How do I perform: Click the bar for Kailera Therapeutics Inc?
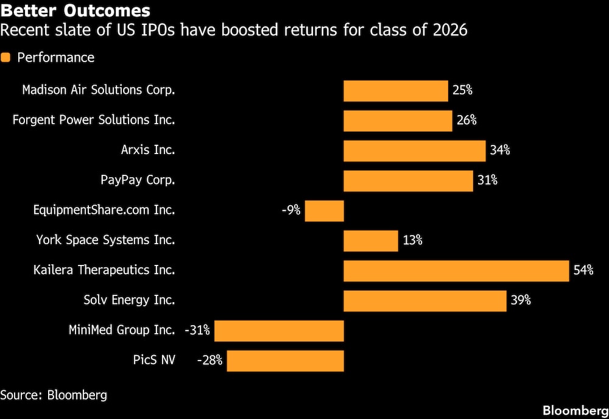tap(457, 270)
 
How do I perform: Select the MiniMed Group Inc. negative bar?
tap(279, 331)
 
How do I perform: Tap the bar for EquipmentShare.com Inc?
tap(324, 211)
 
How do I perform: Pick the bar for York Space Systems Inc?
tap(371, 241)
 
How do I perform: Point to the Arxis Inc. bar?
tap(415, 150)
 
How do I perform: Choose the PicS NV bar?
tap(286, 361)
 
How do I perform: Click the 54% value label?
tap(583, 270)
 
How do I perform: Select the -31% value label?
tap(197, 331)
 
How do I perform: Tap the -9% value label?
tap(290, 211)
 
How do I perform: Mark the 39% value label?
tap(521, 300)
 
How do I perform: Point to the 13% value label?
tap(412, 241)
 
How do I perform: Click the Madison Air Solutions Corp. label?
tap(99, 90)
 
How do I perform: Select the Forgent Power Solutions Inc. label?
tap(94, 120)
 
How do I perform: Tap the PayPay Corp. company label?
tap(138, 180)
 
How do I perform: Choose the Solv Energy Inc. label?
tap(129, 300)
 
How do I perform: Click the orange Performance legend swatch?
tap(6, 58)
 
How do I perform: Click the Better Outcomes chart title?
tap(76, 11)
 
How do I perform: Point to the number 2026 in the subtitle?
tap(451, 30)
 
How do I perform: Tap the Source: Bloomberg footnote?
tap(54, 395)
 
